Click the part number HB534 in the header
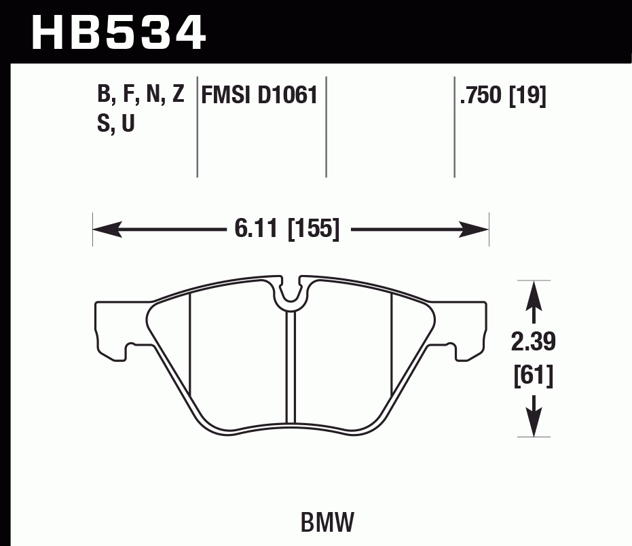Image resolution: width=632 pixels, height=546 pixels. (x=119, y=32)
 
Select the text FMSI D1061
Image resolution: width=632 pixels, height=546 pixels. (x=259, y=95)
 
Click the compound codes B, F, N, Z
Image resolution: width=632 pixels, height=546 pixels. (x=141, y=95)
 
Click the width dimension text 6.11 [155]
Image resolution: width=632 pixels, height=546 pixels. (x=286, y=230)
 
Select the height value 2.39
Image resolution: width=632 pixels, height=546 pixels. (x=534, y=344)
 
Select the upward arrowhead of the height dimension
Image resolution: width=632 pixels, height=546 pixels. (x=534, y=293)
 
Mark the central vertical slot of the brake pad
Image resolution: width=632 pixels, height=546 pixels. (x=290, y=367)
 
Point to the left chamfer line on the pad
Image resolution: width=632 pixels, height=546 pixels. (x=190, y=346)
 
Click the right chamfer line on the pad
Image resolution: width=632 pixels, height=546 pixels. (x=392, y=346)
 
